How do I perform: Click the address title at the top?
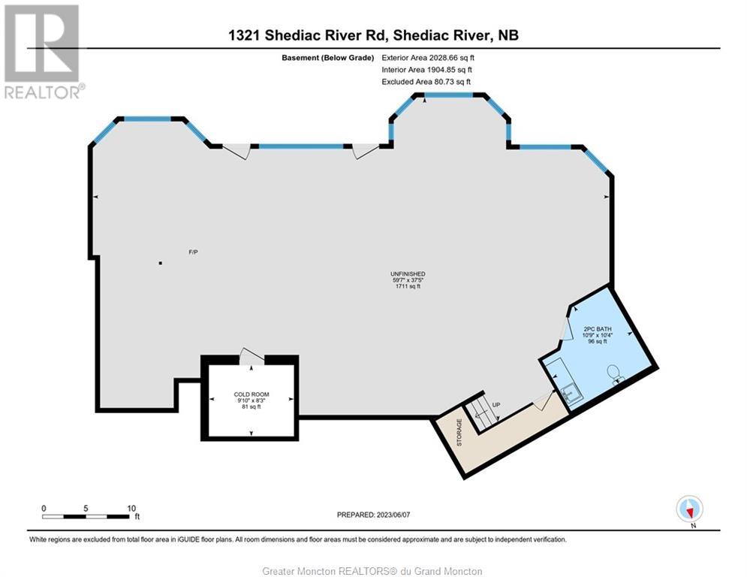(x=373, y=35)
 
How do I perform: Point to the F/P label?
(x=193, y=252)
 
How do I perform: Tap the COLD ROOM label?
(x=251, y=394)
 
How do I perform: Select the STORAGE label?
(x=459, y=433)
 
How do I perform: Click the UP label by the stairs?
(x=495, y=405)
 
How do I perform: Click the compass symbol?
(x=688, y=509)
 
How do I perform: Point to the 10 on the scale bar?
(x=132, y=508)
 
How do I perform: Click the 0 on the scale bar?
(x=44, y=508)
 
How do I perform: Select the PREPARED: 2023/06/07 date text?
(x=373, y=515)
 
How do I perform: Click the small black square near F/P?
(x=161, y=263)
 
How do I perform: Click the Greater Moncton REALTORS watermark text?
(x=373, y=571)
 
